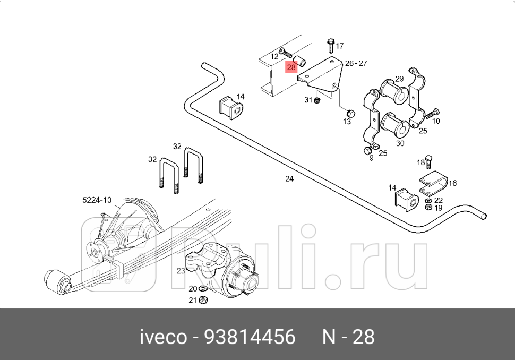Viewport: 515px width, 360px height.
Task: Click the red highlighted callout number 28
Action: (291, 67)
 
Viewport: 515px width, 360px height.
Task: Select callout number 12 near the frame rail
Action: (274, 56)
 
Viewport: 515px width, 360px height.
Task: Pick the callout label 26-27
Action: (356, 63)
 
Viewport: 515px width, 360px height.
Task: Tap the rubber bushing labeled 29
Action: (393, 91)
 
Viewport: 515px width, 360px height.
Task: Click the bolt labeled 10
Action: (432, 113)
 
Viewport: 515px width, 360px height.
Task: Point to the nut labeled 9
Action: (367, 150)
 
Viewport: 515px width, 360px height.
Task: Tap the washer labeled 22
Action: (428, 200)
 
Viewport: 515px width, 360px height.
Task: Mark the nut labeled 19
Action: (428, 208)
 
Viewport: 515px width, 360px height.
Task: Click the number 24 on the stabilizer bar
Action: (289, 179)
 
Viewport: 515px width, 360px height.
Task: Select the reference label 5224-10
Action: (97, 200)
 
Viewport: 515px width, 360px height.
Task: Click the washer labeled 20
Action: (202, 289)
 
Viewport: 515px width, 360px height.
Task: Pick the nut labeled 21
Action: (203, 301)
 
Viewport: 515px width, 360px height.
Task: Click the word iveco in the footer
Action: (163, 337)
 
